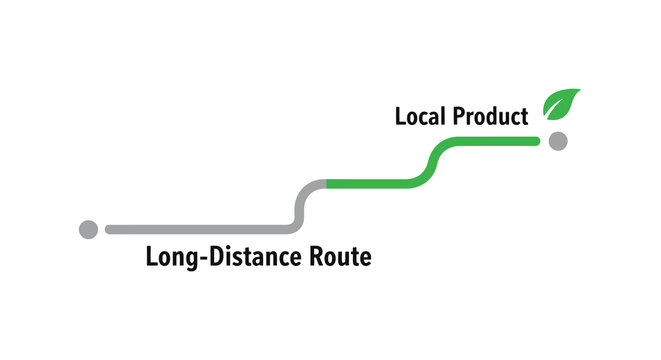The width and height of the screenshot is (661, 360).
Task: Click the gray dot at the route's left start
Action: pyautogui.click(x=88, y=229)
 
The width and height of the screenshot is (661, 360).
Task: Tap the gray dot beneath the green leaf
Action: pyautogui.click(x=558, y=141)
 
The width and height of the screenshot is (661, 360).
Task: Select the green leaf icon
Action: pyautogui.click(x=561, y=103)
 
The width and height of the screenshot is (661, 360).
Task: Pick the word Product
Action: pyautogui.click(x=490, y=117)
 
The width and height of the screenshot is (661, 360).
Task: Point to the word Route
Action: pyautogui.click(x=340, y=257)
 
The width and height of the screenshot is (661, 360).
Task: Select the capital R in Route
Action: pyautogui.click(x=315, y=257)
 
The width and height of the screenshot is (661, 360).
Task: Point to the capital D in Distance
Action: pyautogui.click(x=211, y=257)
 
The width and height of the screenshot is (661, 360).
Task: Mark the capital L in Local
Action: pyautogui.click(x=400, y=117)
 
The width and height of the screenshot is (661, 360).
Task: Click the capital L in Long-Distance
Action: pyautogui.click(x=152, y=257)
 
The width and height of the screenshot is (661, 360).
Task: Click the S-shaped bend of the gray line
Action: pyautogui.click(x=299, y=206)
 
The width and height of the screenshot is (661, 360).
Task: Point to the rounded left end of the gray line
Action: pyautogui.click(x=109, y=229)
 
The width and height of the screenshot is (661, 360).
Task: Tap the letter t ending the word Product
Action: pyautogui.click(x=523, y=118)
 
